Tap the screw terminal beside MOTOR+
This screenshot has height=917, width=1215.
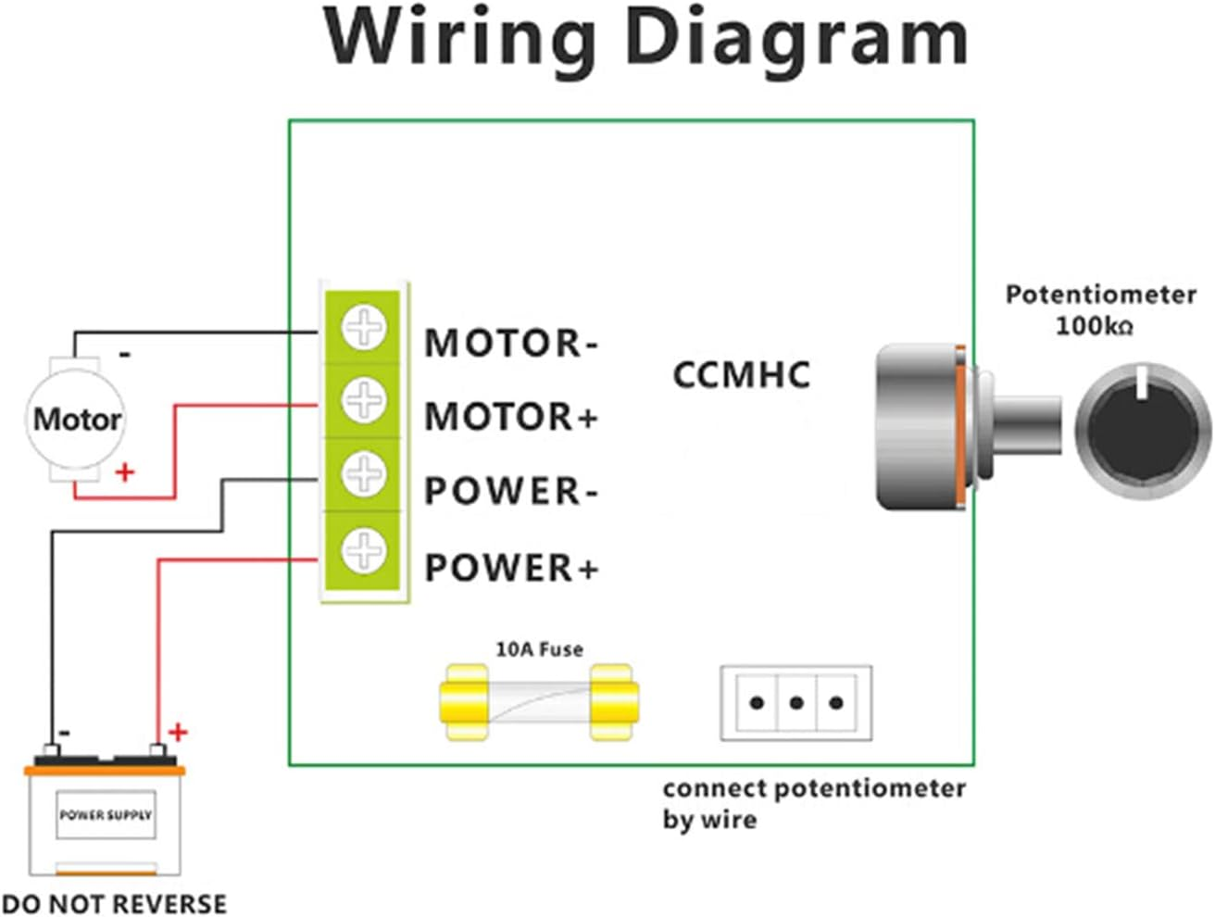click(x=363, y=400)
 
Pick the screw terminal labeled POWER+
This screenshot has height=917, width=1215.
click(x=363, y=550)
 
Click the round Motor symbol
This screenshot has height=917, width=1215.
click(x=76, y=420)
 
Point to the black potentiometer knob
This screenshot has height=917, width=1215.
click(x=1143, y=431)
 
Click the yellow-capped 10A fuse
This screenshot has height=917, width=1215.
click(x=538, y=701)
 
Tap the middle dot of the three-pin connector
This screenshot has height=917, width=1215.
click(x=795, y=703)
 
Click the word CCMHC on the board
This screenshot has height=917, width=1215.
click(x=741, y=375)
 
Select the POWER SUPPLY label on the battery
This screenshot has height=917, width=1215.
click(x=105, y=815)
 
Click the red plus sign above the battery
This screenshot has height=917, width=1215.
click(x=178, y=733)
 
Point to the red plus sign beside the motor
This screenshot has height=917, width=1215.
click(x=124, y=472)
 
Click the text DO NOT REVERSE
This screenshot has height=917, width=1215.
click(x=114, y=903)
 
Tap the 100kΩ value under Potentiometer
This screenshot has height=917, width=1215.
click(x=1094, y=326)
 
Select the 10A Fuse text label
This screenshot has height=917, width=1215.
click(x=539, y=649)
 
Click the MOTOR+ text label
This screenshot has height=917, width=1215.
click(x=510, y=417)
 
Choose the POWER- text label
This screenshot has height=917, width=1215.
click(x=510, y=491)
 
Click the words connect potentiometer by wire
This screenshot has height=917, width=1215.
click(x=813, y=803)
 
